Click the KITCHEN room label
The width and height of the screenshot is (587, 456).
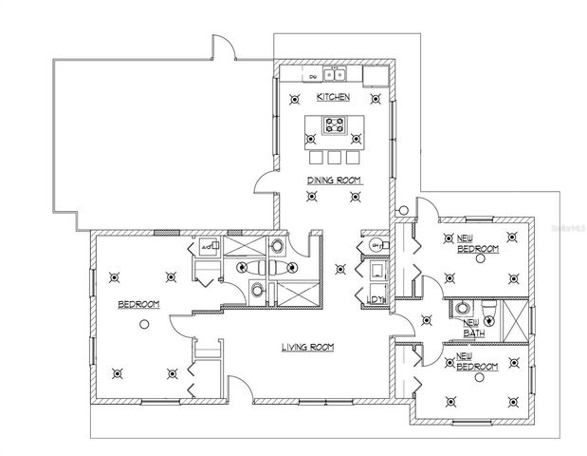(333, 97)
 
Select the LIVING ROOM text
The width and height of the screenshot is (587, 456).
(308, 348)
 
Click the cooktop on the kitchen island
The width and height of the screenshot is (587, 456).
(334, 123)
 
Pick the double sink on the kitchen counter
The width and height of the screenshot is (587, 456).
(334, 73)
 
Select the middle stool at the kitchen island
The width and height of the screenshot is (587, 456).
(334, 156)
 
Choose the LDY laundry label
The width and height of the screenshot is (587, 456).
(375, 301)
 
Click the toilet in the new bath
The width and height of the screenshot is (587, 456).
(488, 311)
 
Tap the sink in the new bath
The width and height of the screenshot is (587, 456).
(461, 308)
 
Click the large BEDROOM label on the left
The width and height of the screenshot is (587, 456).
(138, 304)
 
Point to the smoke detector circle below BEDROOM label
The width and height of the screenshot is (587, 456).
(142, 324)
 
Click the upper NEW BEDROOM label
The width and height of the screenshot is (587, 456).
(477, 244)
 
